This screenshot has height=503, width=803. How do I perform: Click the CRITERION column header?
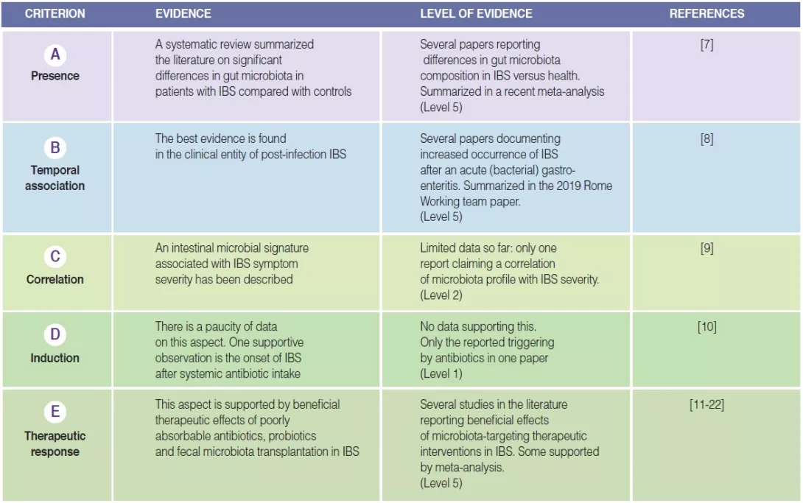point(55,14)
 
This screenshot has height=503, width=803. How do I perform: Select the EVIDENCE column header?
point(183,14)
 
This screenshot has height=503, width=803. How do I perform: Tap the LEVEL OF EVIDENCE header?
point(476,14)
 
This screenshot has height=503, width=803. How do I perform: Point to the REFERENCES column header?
point(706,14)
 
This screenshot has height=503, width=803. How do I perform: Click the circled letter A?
point(55,54)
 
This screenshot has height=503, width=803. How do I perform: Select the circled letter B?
point(55,148)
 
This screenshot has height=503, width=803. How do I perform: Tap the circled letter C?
point(55,257)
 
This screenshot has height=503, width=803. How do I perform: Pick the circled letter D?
point(55,335)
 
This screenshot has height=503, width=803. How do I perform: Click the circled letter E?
point(55,412)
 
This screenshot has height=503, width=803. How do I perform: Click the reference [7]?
point(706,45)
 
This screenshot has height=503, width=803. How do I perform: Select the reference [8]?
point(706,138)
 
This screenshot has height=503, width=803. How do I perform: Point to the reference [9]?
point(706,248)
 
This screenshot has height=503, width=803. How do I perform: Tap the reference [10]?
point(706,326)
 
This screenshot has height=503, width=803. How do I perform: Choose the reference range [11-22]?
point(706,405)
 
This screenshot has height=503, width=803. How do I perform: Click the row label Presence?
point(55,76)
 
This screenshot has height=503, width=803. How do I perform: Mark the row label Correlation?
point(55,279)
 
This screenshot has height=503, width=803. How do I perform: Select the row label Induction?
point(55,358)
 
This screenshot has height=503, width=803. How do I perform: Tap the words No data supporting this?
point(478,326)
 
